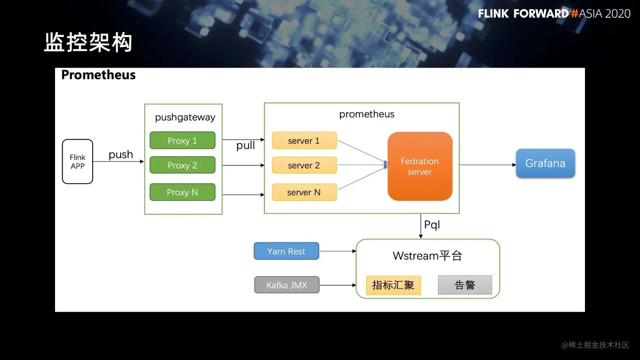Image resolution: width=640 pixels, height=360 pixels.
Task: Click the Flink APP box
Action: (77, 162)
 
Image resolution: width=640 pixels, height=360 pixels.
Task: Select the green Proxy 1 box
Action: (182, 140)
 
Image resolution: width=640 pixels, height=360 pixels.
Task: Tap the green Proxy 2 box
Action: (182, 165)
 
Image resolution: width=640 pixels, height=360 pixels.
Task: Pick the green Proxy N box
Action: (182, 192)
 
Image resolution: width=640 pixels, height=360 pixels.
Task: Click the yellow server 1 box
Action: (304, 140)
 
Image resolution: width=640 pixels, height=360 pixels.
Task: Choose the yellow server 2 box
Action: (304, 165)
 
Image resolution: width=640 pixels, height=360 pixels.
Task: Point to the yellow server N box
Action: (304, 192)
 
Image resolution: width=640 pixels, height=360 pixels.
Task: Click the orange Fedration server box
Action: (419, 166)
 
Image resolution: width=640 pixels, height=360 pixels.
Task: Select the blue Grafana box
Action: (545, 163)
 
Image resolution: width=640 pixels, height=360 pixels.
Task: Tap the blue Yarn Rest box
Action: (286, 251)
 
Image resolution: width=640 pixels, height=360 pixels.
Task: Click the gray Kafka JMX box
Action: (287, 285)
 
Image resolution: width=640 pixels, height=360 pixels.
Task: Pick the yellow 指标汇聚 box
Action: (393, 285)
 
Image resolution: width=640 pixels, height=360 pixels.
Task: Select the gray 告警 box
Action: (465, 285)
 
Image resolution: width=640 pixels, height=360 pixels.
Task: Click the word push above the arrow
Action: (121, 154)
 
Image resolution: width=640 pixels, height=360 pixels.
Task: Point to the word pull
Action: (246, 146)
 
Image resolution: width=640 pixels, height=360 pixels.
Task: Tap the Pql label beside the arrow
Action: (432, 225)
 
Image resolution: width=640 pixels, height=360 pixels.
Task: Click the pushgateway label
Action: (185, 117)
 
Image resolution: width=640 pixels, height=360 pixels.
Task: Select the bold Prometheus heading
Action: (99, 75)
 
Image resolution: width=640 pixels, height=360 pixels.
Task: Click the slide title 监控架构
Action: (88, 42)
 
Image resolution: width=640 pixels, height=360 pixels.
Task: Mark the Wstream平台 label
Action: (427, 256)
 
